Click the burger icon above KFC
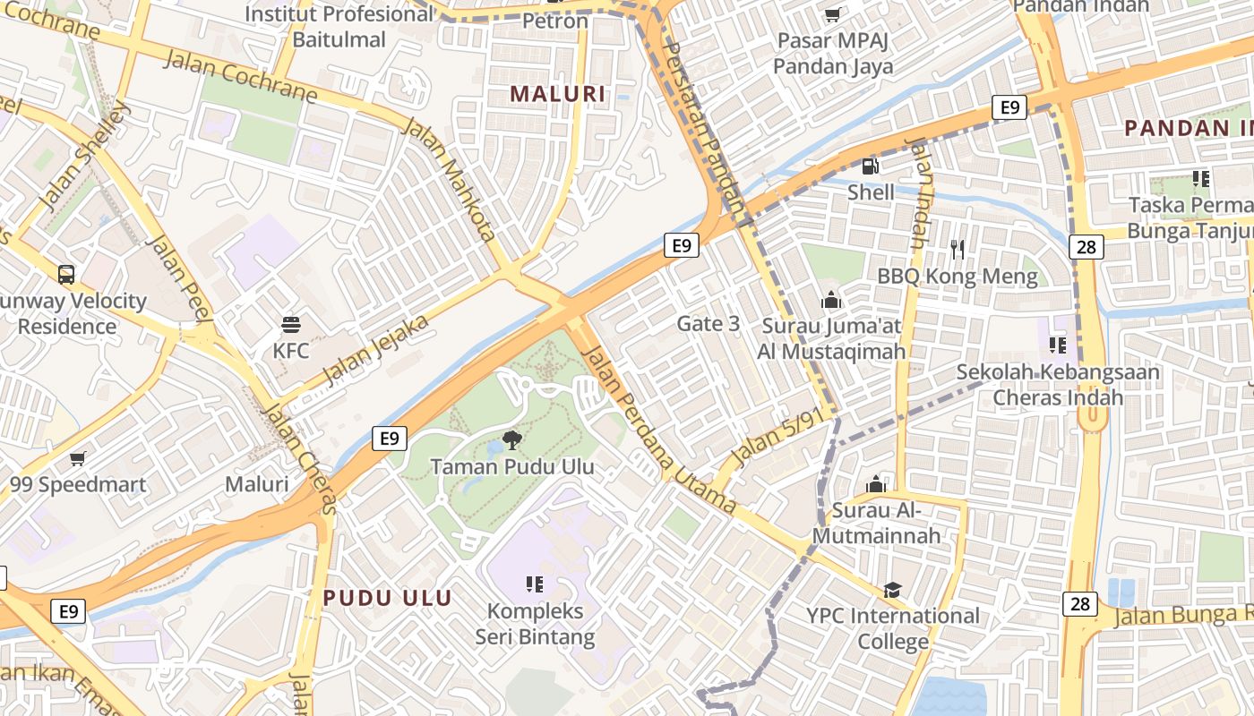point(290,324)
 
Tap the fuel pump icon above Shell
point(870,166)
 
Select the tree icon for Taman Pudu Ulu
point(511,439)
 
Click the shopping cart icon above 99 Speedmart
point(78,458)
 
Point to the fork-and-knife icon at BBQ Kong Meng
point(958,250)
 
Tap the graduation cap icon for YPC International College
point(892,590)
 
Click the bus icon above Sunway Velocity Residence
point(66,274)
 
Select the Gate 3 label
point(708,323)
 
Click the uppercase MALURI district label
point(557,93)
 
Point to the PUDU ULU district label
point(387,598)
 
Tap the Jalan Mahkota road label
point(450,179)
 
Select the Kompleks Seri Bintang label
point(535,624)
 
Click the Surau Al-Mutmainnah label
point(877,523)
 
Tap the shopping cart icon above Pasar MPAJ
point(832,14)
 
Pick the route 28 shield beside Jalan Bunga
point(1080,604)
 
